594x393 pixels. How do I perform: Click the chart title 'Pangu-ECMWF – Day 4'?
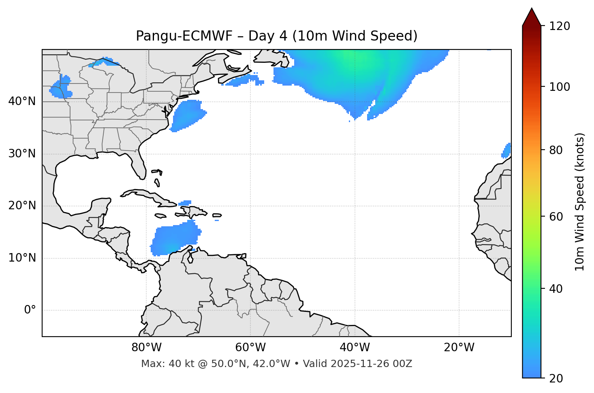tap(276, 36)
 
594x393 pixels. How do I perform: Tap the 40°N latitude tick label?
tap(22, 101)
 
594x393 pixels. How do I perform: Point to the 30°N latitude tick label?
tap(22, 154)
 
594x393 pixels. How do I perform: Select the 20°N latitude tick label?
tap(22, 206)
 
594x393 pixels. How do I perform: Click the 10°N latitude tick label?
tap(22, 258)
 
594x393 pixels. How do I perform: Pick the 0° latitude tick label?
tap(30, 310)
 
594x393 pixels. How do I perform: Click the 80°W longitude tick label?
tap(146, 348)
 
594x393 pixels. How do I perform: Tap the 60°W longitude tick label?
tap(250, 348)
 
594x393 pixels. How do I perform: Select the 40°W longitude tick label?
tap(355, 348)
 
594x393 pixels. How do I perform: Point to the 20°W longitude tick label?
tap(459, 348)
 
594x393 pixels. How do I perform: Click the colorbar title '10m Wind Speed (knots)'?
tap(580, 202)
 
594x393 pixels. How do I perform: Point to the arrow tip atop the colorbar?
tap(532, 9)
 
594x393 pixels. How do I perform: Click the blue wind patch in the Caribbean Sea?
tap(176, 239)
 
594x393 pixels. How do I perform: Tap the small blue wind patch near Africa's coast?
tap(506, 150)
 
